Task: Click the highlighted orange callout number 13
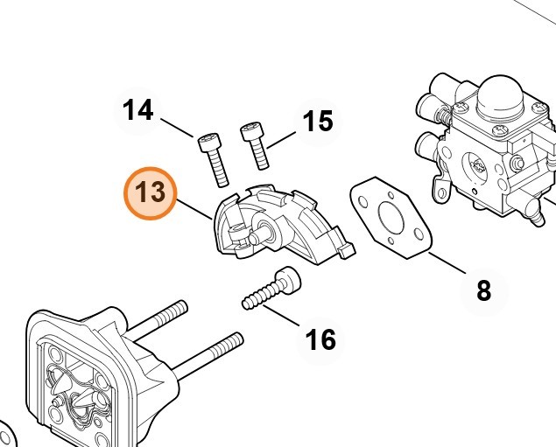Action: (150, 193)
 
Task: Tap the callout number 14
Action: (138, 110)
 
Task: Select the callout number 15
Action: (318, 121)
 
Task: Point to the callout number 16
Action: (320, 339)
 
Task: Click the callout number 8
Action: (484, 290)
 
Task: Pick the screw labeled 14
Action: (214, 159)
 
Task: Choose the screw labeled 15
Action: (255, 145)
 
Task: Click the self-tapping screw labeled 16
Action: (271, 288)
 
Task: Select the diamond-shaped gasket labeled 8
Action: (391, 218)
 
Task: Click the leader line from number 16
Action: (281, 315)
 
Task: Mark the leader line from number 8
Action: (447, 262)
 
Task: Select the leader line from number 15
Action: (281, 140)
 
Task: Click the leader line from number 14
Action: (177, 128)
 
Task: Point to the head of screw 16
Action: (289, 278)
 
